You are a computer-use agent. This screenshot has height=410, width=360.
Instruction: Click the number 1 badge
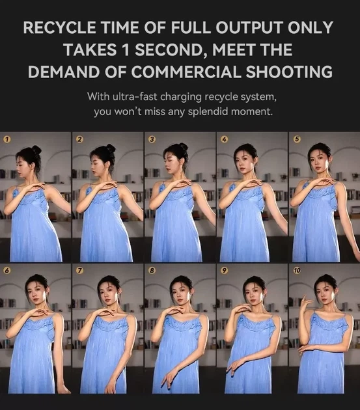pos(7,139)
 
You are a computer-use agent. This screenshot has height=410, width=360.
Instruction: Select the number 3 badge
pos(152,139)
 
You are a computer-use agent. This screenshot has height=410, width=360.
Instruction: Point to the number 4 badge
pos(224,139)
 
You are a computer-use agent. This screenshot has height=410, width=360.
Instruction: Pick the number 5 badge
pos(297,139)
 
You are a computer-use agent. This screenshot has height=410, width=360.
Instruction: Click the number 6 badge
pos(7,271)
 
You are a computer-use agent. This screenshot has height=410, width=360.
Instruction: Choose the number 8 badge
pos(152,271)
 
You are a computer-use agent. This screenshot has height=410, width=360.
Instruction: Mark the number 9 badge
pos(224,271)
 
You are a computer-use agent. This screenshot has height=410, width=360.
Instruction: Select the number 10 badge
pos(297,271)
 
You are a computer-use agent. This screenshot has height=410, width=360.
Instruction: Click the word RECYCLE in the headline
pos(59,27)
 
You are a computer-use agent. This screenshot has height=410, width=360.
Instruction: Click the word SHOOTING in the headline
pos(289,72)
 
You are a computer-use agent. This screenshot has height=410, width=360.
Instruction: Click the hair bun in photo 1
pos(36,150)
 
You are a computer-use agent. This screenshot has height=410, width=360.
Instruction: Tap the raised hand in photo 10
pos(307,301)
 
